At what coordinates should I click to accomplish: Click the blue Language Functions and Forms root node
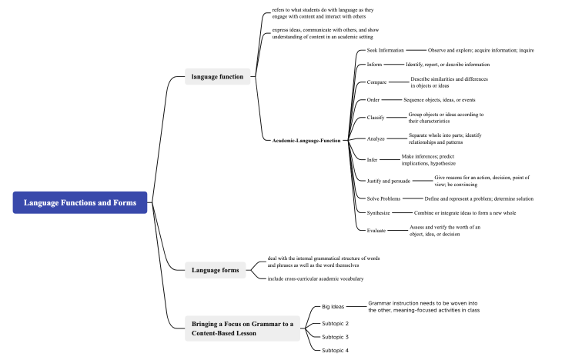coord(80,202)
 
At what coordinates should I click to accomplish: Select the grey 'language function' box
coord(218,76)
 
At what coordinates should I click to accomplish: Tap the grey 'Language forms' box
coord(216,269)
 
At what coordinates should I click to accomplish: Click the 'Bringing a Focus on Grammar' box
coord(242,328)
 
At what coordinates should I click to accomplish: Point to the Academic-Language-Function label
coord(306,141)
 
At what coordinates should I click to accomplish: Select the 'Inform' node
coord(374,65)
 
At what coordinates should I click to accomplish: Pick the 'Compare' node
coord(376,82)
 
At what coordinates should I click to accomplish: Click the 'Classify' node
coord(376,118)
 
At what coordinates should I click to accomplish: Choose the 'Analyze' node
coord(376,138)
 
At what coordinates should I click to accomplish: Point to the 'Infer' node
coord(373,159)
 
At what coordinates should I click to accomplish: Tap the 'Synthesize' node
coord(378,212)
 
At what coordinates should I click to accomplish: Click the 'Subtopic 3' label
coord(335,337)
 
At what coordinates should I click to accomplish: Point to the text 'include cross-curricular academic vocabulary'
coord(316,278)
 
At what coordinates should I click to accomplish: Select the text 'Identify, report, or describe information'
coord(447,65)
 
